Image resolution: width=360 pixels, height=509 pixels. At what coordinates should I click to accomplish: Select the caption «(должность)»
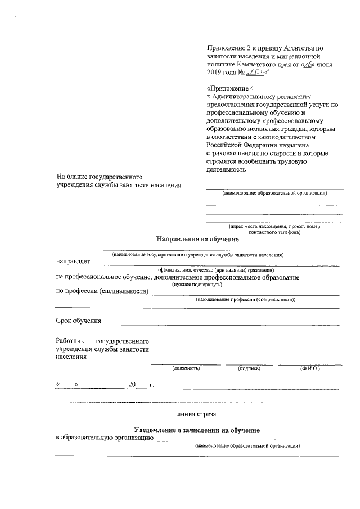(x=186, y=368)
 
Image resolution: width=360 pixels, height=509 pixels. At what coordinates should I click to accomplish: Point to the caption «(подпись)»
(x=249, y=368)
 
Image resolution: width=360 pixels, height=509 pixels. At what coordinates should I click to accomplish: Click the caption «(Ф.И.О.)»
(x=310, y=368)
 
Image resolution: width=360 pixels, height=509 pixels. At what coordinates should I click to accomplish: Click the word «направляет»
(x=73, y=262)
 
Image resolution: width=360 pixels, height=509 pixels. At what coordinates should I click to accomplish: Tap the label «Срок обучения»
(x=78, y=321)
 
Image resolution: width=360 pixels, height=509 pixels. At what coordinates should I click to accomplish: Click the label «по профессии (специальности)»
(x=102, y=291)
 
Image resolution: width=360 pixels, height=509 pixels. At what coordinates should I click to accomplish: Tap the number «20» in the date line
(x=132, y=385)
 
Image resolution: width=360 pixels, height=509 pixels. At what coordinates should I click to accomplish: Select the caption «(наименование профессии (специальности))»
(x=245, y=300)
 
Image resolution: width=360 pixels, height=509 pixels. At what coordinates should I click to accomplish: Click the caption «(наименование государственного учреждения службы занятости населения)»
(x=197, y=255)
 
